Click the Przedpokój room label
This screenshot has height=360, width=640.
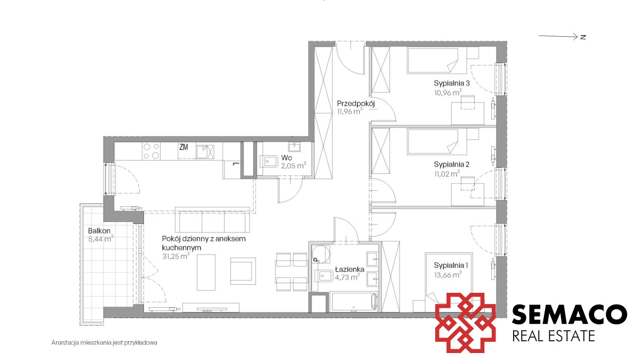pyautogui.click(x=356, y=103)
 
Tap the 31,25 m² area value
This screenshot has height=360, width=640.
pyautogui.click(x=176, y=256)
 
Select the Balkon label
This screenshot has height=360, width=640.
pyautogui.click(x=99, y=230)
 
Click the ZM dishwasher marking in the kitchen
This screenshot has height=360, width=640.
pyautogui.click(x=183, y=147)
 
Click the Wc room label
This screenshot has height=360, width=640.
pyautogui.click(x=286, y=158)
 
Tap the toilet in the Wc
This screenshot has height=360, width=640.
pyautogui.click(x=269, y=162)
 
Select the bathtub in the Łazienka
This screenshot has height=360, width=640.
pyautogui.click(x=353, y=301)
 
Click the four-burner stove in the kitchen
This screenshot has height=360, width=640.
pyautogui.click(x=151, y=151)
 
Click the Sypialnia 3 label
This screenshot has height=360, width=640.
pyautogui.click(x=452, y=83)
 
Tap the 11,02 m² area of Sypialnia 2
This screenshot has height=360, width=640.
pyautogui.click(x=447, y=173)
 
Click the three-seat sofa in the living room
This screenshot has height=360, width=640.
pyautogui.click(x=212, y=220)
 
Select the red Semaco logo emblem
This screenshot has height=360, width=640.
pyautogui.click(x=466, y=323)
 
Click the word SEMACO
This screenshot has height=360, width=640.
pyautogui.click(x=570, y=315)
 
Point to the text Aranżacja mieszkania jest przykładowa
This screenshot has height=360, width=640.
pyautogui.click(x=105, y=342)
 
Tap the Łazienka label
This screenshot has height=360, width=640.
pyautogui.click(x=350, y=269)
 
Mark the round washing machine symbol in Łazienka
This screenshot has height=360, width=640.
pyautogui.click(x=321, y=254)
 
